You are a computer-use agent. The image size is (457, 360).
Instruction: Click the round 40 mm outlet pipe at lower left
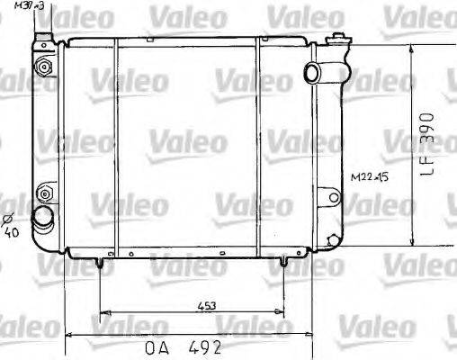40,218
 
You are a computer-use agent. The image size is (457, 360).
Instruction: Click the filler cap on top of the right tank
339,38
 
